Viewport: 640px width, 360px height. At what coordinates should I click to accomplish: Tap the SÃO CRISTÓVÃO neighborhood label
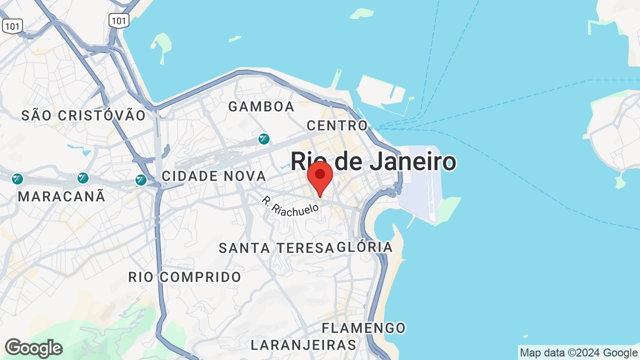pyautogui.click(x=83, y=115)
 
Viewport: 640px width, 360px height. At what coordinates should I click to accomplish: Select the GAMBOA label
pyautogui.click(x=261, y=106)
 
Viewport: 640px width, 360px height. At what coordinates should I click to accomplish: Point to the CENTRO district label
pyautogui.click(x=337, y=125)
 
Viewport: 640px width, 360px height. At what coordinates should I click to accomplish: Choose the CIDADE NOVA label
pyautogui.click(x=214, y=176)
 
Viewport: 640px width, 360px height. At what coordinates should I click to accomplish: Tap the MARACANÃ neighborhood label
pyautogui.click(x=61, y=196)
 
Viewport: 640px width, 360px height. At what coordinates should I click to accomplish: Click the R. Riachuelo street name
pyautogui.click(x=290, y=205)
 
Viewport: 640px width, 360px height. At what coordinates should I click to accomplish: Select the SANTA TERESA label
pyautogui.click(x=276, y=247)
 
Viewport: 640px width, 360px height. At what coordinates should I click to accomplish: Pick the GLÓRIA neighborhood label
pyautogui.click(x=365, y=247)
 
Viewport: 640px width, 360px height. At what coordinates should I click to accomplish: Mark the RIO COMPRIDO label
pyautogui.click(x=184, y=276)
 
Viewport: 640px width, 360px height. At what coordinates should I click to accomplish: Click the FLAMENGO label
pyautogui.click(x=363, y=328)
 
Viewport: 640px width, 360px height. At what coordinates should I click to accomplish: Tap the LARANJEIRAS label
pyautogui.click(x=303, y=345)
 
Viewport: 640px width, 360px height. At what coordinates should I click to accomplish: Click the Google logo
pyautogui.click(x=33, y=348)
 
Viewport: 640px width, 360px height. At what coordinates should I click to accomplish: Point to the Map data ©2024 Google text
pyautogui.click(x=578, y=353)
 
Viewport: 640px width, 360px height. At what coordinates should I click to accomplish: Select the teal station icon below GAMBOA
pyautogui.click(x=264, y=139)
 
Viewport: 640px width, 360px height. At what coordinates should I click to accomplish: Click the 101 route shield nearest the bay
pyautogui.click(x=119, y=20)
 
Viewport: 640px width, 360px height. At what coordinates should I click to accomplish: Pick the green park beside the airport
pyautogui.click(x=447, y=207)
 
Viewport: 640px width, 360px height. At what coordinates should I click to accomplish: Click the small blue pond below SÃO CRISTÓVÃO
pyautogui.click(x=80, y=148)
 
